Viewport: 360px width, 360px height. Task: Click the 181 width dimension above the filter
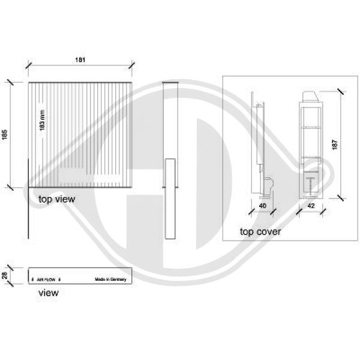point(80,59)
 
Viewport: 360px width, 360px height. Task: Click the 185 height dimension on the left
point(5,135)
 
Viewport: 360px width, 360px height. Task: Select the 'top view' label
point(56,199)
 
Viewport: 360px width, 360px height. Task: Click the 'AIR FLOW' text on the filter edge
point(46,280)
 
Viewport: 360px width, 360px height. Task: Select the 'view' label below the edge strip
point(48,293)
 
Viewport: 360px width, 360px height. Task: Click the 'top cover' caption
point(260,231)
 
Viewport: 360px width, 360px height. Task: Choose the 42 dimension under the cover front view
point(310,205)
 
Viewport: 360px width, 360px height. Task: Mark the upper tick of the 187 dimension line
point(340,91)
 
